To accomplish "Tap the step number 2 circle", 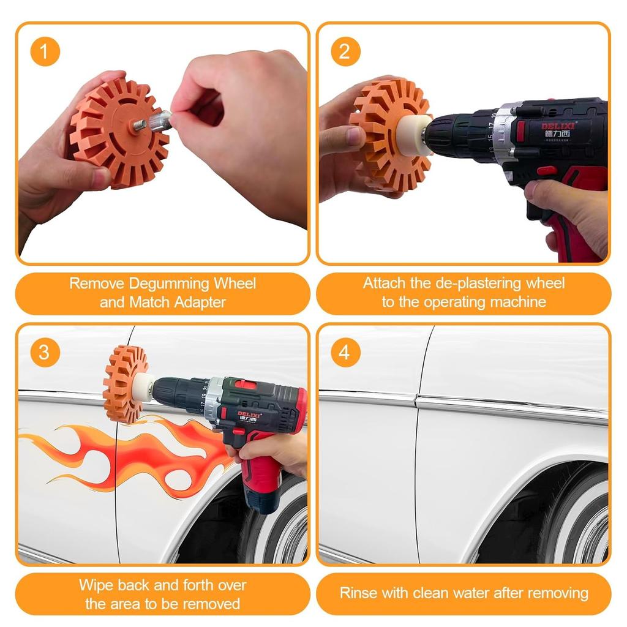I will pos(346,52).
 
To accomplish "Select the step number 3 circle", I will pos(45,353).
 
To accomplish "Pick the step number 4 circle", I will pos(346,353).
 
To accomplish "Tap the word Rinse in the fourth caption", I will pos(358,593).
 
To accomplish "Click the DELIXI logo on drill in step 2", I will pos(557,127).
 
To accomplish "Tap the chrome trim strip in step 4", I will pos(508,407).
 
